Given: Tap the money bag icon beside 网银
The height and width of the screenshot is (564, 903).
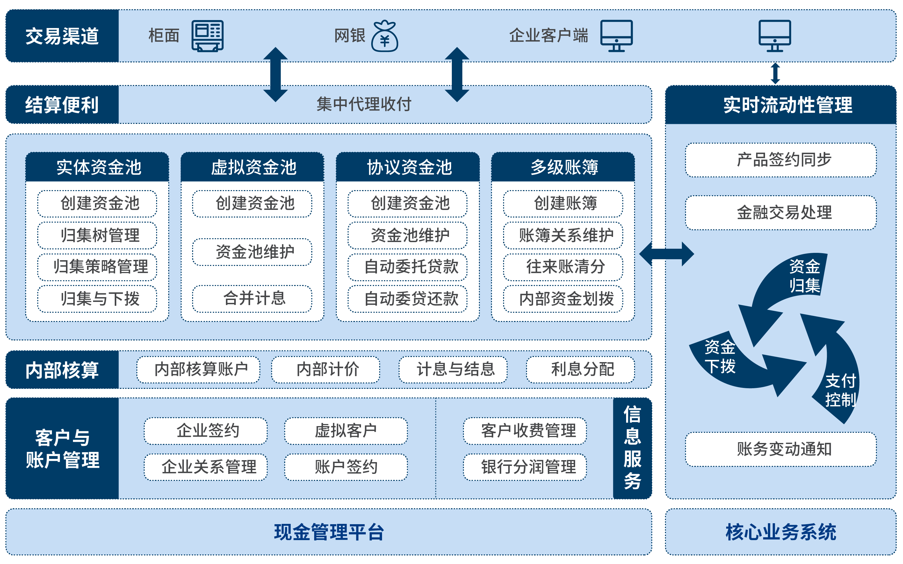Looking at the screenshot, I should click(385, 36).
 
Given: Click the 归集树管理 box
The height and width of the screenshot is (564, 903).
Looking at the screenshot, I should click(97, 235).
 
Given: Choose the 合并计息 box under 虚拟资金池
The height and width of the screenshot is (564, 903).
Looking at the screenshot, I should click(252, 298).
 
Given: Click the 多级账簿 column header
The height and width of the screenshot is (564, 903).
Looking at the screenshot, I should click(563, 167).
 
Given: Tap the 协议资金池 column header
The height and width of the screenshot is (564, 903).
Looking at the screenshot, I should click(408, 167).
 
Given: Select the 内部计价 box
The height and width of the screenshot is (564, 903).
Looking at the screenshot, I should click(325, 369).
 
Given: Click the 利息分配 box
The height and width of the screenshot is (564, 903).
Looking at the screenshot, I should click(580, 369).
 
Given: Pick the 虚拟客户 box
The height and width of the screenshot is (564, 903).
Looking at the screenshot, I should click(346, 431).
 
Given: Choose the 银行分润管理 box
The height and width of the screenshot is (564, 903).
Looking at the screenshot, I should click(525, 467).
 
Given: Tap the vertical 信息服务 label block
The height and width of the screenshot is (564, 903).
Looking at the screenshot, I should click(632, 448).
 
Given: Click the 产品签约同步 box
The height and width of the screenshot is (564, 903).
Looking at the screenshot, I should click(781, 160).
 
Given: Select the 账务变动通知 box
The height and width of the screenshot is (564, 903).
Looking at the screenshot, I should click(781, 449).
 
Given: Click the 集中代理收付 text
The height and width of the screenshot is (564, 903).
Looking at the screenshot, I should click(364, 104).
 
